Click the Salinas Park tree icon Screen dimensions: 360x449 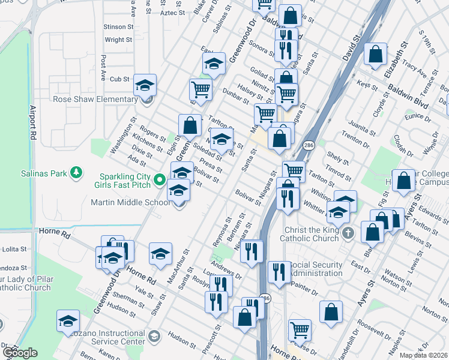point(76,173)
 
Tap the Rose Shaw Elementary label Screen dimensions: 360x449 point(95,99)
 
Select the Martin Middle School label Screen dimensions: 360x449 point(130,203)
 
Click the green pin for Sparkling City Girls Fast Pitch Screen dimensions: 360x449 point(159,179)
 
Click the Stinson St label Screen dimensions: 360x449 point(118,27)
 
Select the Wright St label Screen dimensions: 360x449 point(118,40)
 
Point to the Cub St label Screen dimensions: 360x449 point(120,79)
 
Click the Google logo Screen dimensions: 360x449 point(20,353)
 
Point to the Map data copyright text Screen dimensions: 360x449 point(424,355)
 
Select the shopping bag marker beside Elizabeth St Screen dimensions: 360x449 point(376,55)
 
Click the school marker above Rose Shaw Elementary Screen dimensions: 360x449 point(145,85)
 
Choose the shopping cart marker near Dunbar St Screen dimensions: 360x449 point(200,90)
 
